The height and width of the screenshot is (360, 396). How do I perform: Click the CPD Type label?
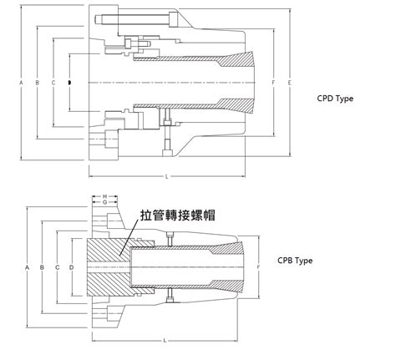click(336, 98)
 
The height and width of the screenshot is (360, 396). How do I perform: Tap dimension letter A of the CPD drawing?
click(20, 84)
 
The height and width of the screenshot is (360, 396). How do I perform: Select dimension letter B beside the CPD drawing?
click(37, 84)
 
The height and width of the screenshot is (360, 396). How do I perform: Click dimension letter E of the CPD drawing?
click(288, 84)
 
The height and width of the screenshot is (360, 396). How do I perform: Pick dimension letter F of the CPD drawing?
click(272, 84)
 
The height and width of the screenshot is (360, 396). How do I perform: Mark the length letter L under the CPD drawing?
click(167, 177)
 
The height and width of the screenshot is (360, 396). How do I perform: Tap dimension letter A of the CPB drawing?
click(27, 266)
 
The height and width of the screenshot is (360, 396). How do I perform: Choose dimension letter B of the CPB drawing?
click(43, 266)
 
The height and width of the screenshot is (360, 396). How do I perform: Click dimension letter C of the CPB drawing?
click(57, 266)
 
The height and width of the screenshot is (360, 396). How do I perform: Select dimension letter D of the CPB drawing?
click(72, 266)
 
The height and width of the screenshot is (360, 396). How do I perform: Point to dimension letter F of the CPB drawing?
click(260, 266)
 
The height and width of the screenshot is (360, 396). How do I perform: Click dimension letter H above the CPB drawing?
click(104, 195)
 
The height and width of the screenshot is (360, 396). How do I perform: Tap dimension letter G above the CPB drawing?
click(104, 202)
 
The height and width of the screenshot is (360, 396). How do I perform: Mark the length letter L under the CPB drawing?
click(165, 341)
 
